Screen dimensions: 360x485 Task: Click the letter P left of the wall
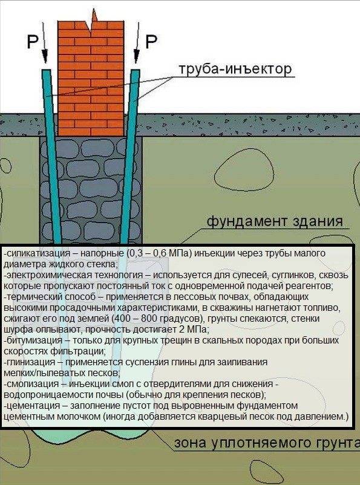click(32, 41)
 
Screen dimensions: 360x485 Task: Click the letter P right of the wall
click(151, 41)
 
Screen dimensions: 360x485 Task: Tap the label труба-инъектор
click(235, 69)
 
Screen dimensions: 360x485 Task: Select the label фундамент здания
click(275, 221)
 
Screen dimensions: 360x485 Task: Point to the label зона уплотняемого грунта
click(267, 443)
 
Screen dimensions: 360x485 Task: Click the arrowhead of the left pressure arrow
click(45, 57)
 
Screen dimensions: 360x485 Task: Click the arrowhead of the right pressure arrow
click(136, 57)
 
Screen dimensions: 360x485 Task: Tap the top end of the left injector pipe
click(46, 71)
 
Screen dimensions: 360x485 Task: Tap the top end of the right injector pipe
click(136, 71)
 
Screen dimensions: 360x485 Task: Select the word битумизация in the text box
click(34, 340)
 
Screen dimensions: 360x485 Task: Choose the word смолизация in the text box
click(33, 384)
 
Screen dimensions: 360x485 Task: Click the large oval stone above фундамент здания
click(244, 172)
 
